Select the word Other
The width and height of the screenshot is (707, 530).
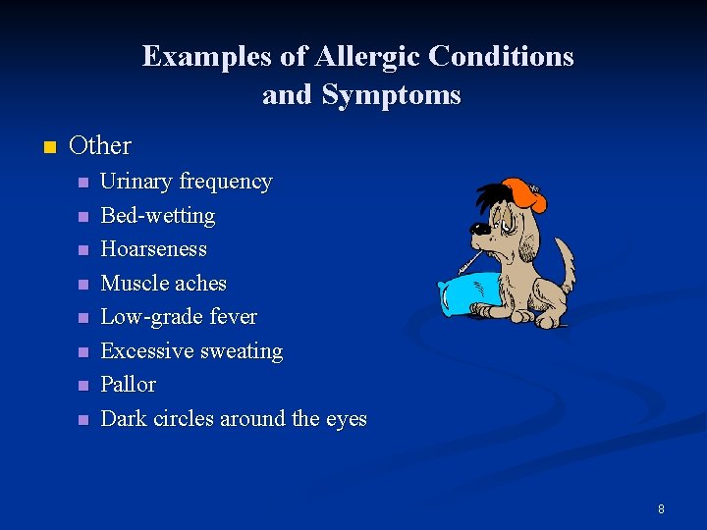[x=100, y=146]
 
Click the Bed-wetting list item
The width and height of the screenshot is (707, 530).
[x=158, y=215]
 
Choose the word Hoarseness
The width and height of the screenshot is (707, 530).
[x=154, y=249]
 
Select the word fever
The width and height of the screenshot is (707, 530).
[x=234, y=317]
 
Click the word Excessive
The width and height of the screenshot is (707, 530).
[x=147, y=351]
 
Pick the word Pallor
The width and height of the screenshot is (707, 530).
[x=129, y=385]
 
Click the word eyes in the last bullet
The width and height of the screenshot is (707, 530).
[x=346, y=420]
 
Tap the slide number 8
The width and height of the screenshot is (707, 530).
[x=661, y=508]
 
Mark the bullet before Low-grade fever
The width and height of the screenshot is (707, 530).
[x=83, y=318]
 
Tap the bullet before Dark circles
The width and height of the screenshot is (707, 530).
[x=83, y=420]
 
